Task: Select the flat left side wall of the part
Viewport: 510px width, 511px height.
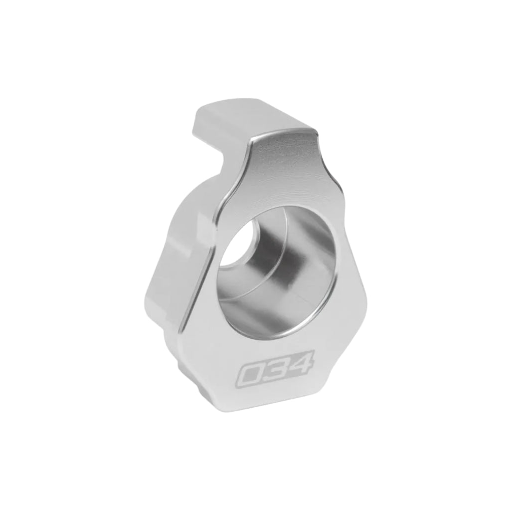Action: (x=170, y=279)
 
